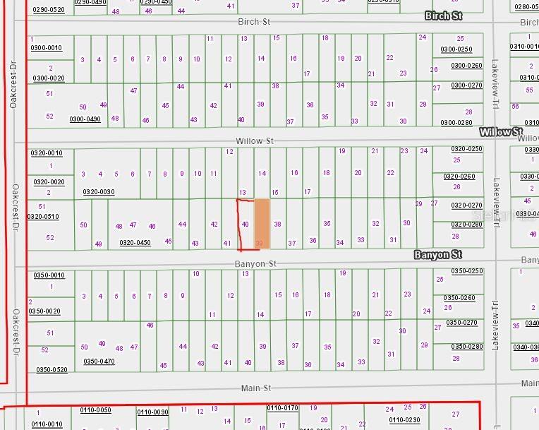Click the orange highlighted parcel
click(262, 222)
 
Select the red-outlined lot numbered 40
click(245, 224)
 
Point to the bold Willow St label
click(500, 132)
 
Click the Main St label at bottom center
click(256, 388)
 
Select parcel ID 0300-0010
click(47, 48)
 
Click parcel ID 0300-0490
click(85, 119)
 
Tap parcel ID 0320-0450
click(135, 243)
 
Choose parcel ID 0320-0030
click(99, 192)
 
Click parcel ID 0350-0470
click(99, 361)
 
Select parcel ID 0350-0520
click(52, 370)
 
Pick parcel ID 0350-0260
click(459, 298)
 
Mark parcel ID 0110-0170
click(283, 408)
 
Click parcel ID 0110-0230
click(405, 419)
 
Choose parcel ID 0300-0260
click(466, 66)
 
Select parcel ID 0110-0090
click(152, 412)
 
